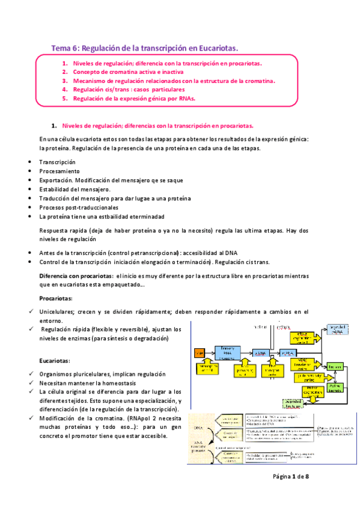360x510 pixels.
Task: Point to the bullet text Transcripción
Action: (57, 162)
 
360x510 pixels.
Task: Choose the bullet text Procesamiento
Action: (59, 171)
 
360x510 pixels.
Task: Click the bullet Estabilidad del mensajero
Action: (75, 189)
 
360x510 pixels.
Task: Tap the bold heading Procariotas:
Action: (55, 298)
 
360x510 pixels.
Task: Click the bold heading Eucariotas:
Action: (55, 361)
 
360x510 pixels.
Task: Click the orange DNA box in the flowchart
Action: (200, 352)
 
